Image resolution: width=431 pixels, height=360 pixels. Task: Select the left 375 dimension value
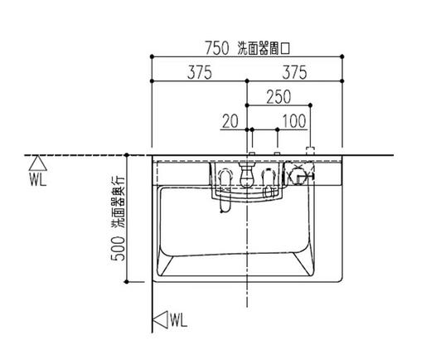198,73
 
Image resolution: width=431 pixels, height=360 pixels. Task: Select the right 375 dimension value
295,73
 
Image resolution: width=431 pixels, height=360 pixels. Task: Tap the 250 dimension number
278,97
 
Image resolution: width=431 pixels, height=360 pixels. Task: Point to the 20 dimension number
230,122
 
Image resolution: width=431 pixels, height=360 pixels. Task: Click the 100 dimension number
293,122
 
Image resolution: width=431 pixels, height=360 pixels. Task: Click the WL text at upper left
36,178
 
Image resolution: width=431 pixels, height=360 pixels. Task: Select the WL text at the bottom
180,319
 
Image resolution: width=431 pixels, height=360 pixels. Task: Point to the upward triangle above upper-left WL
36,163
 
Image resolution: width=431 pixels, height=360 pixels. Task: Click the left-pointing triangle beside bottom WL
160,319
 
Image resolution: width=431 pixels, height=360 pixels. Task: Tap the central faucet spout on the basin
246,178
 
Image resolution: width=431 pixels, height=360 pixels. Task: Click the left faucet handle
225,176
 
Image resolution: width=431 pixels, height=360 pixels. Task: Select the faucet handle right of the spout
267,176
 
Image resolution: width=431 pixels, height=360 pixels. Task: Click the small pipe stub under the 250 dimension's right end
311,151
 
